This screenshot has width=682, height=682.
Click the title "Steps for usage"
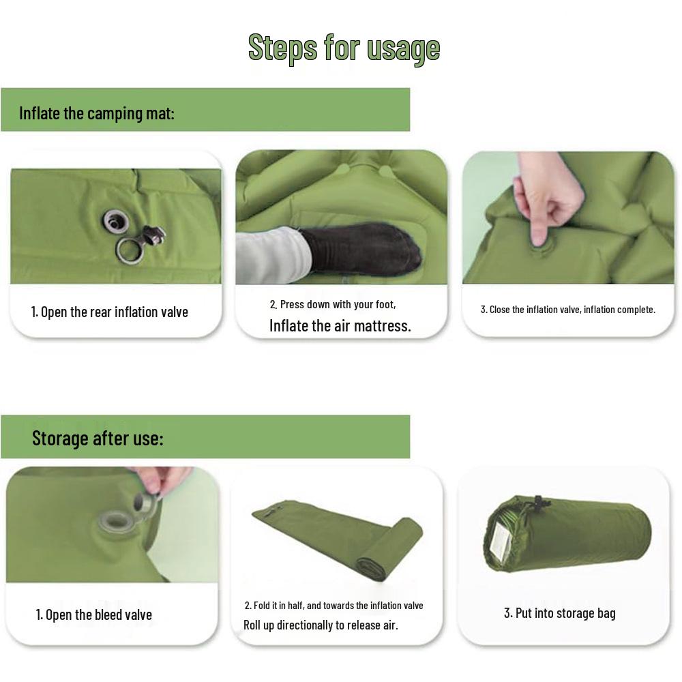[x=344, y=48]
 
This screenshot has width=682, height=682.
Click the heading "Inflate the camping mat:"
[x=97, y=113]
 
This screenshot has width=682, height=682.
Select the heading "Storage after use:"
[x=98, y=438]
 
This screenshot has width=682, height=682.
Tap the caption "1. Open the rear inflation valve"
[x=110, y=312]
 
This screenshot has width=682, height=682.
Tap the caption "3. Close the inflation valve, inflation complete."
[x=567, y=310]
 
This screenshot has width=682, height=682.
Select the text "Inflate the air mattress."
[x=340, y=326]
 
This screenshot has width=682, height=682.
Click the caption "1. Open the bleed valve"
[x=94, y=615]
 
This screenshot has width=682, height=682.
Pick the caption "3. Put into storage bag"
[x=559, y=613]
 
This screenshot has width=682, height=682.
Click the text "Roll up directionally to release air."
[x=321, y=625]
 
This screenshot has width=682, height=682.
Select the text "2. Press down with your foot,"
[x=332, y=304]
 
